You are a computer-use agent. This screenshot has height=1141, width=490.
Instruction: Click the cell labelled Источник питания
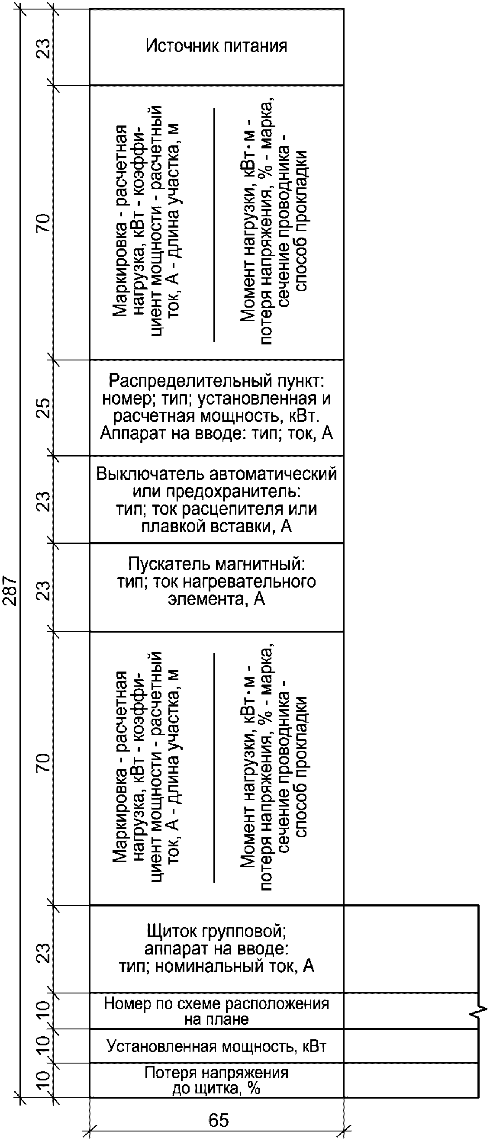pos(216,46)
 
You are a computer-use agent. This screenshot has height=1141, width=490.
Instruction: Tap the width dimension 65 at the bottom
pos(219,1120)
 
